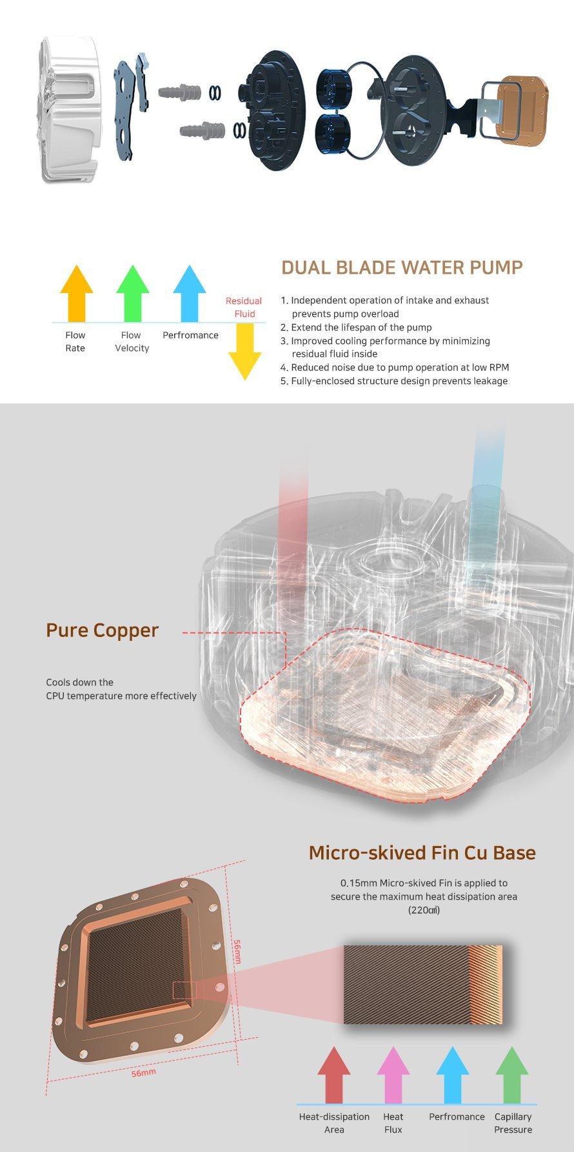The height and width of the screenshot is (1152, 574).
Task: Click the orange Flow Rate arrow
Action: click(76, 293)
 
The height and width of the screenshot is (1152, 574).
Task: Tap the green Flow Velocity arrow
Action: click(132, 293)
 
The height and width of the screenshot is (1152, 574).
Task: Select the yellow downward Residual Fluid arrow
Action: click(245, 352)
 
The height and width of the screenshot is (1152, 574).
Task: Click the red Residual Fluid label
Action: click(244, 307)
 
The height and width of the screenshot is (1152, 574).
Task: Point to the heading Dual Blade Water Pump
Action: click(402, 268)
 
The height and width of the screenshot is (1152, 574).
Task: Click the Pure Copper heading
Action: click(102, 630)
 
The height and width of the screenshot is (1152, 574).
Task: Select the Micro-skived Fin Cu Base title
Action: click(422, 853)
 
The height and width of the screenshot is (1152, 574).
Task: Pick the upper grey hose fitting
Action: click(179, 92)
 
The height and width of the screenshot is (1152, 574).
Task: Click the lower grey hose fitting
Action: click(202, 130)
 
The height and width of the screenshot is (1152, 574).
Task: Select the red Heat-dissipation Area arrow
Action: click(334, 1075)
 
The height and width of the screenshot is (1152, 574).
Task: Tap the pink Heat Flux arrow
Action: click(393, 1075)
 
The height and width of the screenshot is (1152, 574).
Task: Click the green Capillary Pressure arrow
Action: click(512, 1075)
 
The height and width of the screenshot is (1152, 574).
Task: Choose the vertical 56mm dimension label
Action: click(237, 951)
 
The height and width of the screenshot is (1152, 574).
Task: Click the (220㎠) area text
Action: click(424, 910)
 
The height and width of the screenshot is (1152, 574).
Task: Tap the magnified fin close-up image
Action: click(422, 985)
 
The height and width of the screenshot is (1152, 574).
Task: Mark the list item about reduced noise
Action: click(395, 367)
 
